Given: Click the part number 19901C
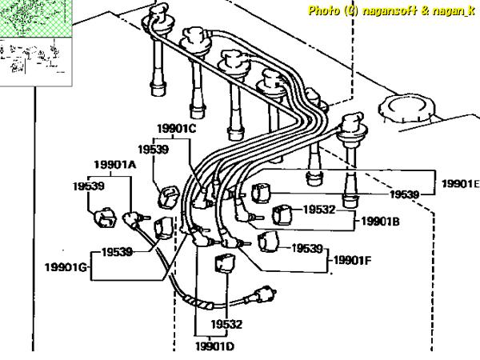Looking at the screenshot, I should click(x=177, y=128).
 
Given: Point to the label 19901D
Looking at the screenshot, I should click(x=214, y=346).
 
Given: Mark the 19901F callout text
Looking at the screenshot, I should click(x=351, y=259).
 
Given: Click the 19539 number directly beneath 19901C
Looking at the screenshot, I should click(x=153, y=148).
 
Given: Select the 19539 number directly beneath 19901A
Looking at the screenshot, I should click(x=90, y=186).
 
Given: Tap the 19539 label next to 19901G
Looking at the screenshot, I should click(x=117, y=252).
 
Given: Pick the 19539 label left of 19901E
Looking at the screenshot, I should click(x=405, y=194).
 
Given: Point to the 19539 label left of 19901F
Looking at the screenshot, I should click(x=306, y=248).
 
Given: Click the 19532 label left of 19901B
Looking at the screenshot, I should click(x=318, y=210).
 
